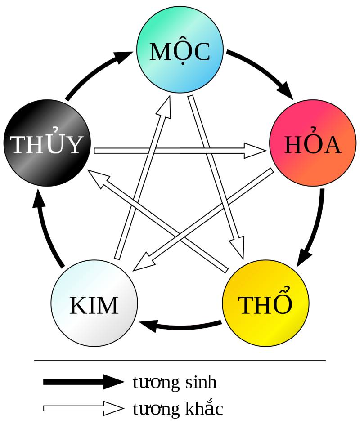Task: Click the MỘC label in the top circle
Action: [180, 52]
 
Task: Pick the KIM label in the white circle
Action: [94, 306]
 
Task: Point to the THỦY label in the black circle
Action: [47, 144]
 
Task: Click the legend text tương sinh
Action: [175, 383]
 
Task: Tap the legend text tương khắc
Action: [178, 409]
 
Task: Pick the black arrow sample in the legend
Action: [83, 382]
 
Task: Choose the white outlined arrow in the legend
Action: [83, 408]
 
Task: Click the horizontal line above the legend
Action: [180, 360]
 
